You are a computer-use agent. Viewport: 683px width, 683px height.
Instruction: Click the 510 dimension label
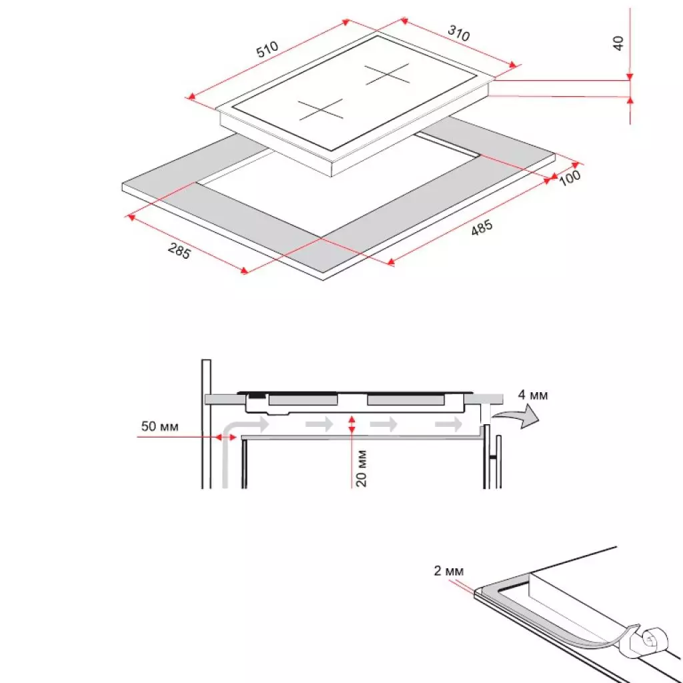point(267,51)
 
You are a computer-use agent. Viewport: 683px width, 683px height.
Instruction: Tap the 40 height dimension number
point(618,43)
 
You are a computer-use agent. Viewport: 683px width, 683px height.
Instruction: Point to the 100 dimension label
point(570,178)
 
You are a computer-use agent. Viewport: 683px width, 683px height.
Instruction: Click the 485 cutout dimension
point(482,229)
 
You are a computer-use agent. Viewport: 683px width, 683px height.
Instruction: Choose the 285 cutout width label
point(179,252)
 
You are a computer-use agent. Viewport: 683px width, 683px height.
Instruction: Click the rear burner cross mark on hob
point(386,74)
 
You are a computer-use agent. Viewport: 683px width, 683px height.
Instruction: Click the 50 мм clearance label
point(159,426)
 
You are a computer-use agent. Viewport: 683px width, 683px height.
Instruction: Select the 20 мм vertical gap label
point(361,468)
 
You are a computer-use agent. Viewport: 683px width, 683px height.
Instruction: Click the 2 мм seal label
point(447,571)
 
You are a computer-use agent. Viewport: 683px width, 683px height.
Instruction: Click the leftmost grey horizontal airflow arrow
point(257,424)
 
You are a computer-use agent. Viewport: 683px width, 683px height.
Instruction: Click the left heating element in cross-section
point(303,400)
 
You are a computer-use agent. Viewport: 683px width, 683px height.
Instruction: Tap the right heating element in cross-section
point(405,400)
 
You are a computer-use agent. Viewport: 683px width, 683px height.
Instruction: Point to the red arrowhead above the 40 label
point(630,76)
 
